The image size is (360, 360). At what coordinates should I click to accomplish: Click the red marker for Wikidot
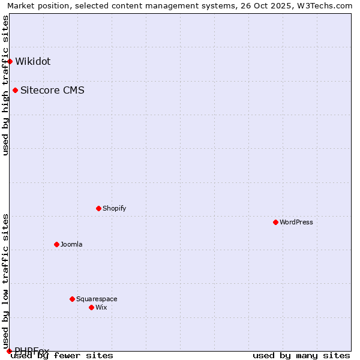[10, 61]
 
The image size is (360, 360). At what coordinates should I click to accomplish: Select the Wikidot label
[33, 61]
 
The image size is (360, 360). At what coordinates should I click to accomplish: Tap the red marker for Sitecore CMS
[15, 91]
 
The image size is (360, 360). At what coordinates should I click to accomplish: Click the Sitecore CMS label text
[52, 91]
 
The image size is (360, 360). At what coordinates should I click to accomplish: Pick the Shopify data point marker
[98, 208]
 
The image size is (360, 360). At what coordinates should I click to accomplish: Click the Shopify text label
[114, 208]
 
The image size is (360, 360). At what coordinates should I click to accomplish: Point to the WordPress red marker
[275, 222]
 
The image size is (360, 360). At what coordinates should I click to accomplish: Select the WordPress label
[296, 222]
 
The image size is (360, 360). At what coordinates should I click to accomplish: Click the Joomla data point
[56, 244]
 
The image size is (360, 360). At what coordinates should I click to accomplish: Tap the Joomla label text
[71, 244]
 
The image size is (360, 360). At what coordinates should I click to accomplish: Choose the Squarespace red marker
[72, 299]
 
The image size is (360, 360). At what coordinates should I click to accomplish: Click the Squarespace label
[97, 299]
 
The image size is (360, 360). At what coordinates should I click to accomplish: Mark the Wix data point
[91, 307]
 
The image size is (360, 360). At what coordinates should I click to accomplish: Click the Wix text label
[101, 307]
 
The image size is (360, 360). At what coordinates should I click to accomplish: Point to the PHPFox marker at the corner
[9, 351]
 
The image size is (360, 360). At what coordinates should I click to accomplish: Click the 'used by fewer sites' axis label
[62, 355]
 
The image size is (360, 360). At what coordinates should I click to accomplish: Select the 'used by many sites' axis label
[301, 355]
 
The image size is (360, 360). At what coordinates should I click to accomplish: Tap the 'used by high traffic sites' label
[5, 85]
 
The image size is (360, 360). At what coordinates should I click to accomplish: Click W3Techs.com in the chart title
[323, 6]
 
